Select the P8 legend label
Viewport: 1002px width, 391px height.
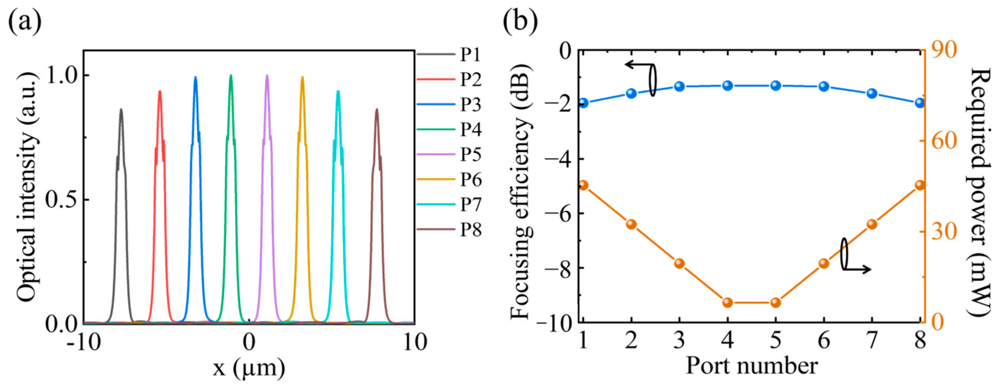click(471, 230)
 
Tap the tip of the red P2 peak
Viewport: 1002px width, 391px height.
click(160, 92)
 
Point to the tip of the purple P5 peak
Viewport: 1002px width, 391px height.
click(267, 76)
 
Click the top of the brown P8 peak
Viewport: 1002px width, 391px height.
click(376, 110)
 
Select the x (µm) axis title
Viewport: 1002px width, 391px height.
click(249, 368)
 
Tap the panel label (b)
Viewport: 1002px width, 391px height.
click(520, 23)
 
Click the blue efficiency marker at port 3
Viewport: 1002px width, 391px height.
click(680, 86)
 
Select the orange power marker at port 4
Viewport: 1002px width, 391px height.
click(728, 303)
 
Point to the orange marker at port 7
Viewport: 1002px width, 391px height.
click(872, 224)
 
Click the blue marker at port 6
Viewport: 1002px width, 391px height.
click(824, 86)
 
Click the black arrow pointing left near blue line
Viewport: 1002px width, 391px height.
click(636, 65)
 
